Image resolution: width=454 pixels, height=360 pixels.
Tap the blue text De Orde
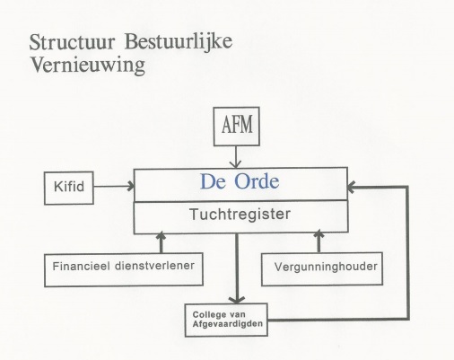click(x=240, y=181)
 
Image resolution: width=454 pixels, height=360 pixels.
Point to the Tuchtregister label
click(x=240, y=215)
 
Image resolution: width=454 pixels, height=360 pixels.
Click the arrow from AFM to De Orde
click(x=236, y=157)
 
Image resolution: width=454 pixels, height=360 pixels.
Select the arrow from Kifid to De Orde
click(x=114, y=186)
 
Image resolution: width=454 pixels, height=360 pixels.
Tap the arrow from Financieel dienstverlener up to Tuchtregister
click(x=161, y=242)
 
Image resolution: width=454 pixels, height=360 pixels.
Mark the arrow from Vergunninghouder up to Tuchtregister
click(x=319, y=241)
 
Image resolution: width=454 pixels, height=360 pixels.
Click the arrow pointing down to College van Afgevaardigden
click(x=237, y=268)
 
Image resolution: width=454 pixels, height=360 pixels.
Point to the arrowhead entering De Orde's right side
click(x=352, y=188)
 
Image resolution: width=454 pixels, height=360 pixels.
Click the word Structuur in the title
click(x=72, y=42)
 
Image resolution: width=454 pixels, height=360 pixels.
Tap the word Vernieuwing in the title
click(x=88, y=66)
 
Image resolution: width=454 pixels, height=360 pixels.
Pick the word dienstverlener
click(x=154, y=266)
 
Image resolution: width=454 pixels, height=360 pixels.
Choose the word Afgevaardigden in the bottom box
click(x=228, y=324)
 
